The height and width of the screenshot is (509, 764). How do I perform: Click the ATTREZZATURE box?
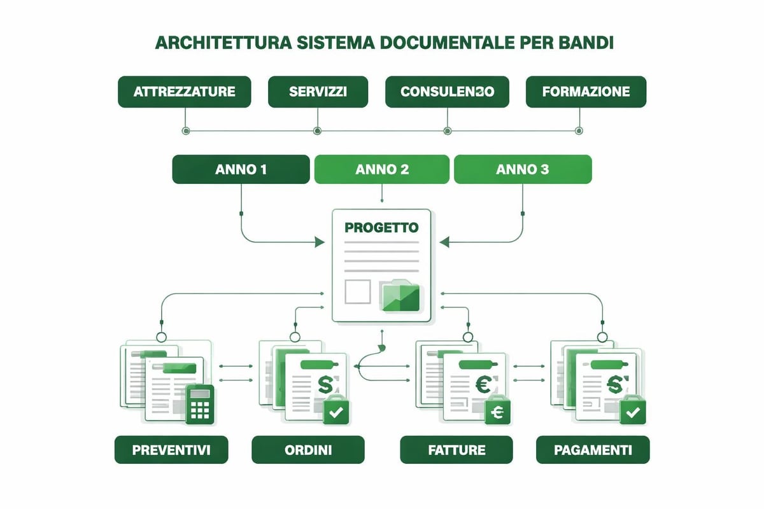click(185, 92)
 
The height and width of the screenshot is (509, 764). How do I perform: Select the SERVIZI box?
click(318, 92)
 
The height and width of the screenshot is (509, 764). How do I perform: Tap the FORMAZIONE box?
click(586, 92)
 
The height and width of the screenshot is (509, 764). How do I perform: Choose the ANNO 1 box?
click(241, 171)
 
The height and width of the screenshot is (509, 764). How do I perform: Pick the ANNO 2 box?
click(382, 171)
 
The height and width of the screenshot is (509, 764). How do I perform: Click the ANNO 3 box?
click(522, 171)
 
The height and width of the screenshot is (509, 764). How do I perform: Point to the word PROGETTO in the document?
click(381, 228)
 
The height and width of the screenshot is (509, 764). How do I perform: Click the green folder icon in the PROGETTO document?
click(400, 295)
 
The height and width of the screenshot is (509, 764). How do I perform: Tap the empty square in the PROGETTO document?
click(357, 291)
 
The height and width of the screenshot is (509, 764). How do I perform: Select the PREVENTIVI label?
click(171, 450)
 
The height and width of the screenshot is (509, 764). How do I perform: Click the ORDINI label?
click(308, 450)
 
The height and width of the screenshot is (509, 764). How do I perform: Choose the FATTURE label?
click(456, 450)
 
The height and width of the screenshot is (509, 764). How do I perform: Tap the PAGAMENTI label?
click(593, 450)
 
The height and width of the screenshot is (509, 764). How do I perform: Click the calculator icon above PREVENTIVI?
click(200, 404)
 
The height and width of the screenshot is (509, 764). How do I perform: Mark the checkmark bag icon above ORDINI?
click(336, 410)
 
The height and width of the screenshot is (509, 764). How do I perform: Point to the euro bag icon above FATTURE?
click(497, 412)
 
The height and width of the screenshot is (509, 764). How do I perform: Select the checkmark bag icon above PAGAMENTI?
click(633, 410)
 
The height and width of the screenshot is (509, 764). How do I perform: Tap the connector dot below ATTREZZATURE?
click(185, 131)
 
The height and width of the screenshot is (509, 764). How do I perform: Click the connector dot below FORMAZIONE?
click(579, 131)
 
